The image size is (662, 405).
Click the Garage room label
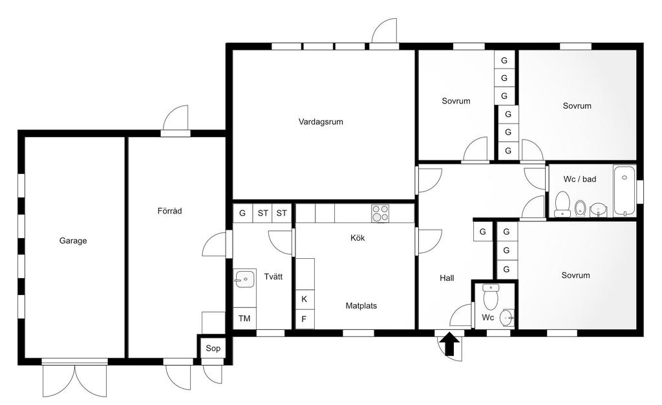click(x=73, y=241)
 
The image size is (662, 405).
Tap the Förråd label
click(x=170, y=211)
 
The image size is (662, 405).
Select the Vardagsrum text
click(x=321, y=122)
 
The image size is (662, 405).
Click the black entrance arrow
click(x=450, y=344)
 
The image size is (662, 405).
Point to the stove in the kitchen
click(x=380, y=213)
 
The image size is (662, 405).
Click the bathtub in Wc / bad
click(x=625, y=190)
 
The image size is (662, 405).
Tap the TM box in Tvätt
click(x=244, y=318)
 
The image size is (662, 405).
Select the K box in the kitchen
click(x=304, y=300)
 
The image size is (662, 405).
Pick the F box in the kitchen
click(x=304, y=319)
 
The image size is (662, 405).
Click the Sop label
click(x=213, y=349)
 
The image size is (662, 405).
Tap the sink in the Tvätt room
click(x=244, y=279)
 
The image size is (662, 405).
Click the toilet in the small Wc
click(x=491, y=296)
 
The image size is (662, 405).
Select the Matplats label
click(x=361, y=306)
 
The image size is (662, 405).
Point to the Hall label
click(x=447, y=278)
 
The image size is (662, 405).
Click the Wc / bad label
click(x=580, y=179)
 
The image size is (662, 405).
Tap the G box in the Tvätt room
click(x=242, y=213)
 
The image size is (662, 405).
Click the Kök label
click(x=358, y=238)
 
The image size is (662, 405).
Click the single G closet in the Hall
click(x=483, y=232)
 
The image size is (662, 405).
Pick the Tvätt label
click(x=273, y=277)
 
